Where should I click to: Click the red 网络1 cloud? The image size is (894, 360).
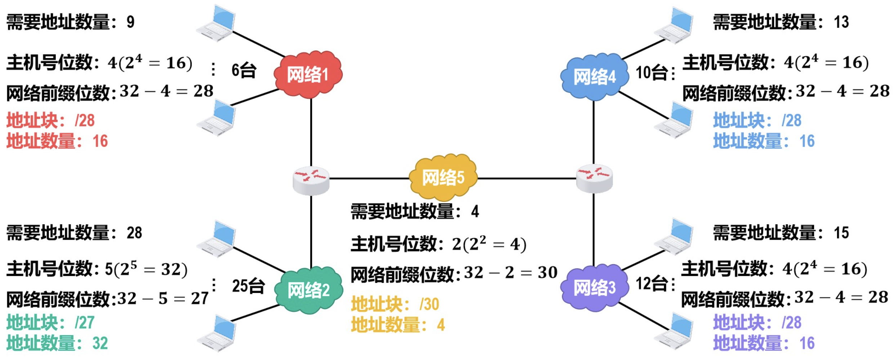[308, 75]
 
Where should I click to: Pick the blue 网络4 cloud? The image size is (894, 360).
[594, 77]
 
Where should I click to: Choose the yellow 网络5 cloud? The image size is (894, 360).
[443, 177]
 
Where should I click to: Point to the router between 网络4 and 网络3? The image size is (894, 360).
[594, 178]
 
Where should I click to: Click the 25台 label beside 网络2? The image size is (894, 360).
[248, 286]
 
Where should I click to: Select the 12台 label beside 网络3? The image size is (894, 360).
[652, 284]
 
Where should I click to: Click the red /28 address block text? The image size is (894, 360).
[85, 121]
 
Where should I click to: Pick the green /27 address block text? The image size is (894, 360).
[85, 323]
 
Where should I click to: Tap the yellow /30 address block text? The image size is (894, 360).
[429, 305]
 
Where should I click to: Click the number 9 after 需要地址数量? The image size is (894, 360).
[130, 22]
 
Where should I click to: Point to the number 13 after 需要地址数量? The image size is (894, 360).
[841, 22]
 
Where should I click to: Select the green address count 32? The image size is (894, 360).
[100, 343]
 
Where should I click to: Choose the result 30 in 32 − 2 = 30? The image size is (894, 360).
[547, 273]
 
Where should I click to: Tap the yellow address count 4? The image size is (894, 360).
[441, 325]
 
